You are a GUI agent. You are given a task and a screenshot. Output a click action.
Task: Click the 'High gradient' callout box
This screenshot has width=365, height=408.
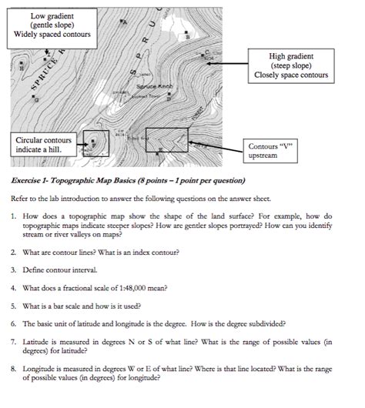[290, 66]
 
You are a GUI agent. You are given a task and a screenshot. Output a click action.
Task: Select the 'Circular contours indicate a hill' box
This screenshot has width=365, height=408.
[44, 145]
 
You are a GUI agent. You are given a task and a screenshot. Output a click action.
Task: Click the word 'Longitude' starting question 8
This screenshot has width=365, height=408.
[40, 369]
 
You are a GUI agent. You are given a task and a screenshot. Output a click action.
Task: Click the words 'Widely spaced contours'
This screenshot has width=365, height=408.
[53, 35]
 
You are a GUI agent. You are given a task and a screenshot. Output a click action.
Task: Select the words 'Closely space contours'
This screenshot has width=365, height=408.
[290, 75]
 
